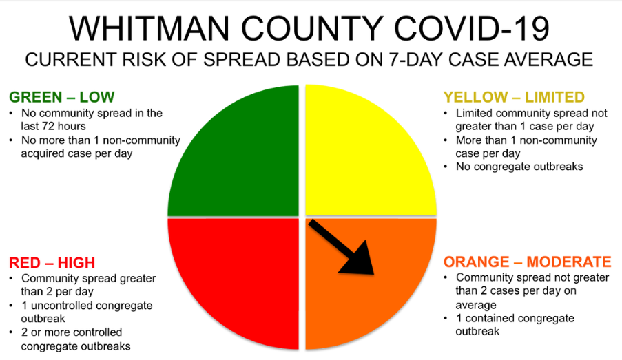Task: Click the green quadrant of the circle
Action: click(x=246, y=162)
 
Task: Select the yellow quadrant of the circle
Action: click(x=357, y=162)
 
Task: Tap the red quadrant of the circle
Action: click(x=246, y=273)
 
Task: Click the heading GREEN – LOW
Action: click(x=61, y=97)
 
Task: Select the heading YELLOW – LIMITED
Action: click(x=514, y=97)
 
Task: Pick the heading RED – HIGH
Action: click(x=52, y=262)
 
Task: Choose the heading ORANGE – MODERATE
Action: click(x=527, y=262)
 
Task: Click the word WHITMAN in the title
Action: click(x=149, y=28)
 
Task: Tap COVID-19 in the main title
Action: click(x=471, y=28)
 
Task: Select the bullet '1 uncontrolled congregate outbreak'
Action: click(x=81, y=312)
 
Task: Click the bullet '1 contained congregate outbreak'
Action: click(x=509, y=325)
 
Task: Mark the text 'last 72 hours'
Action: click(x=54, y=126)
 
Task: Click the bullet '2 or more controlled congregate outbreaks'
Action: click(x=70, y=339)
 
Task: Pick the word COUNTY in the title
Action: click(x=311, y=28)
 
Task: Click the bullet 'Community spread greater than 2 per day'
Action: click(x=83, y=285)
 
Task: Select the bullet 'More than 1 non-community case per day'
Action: click(x=520, y=147)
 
